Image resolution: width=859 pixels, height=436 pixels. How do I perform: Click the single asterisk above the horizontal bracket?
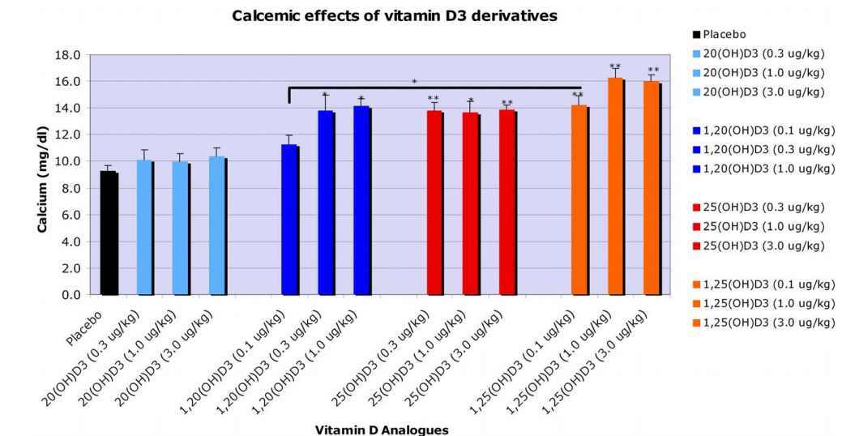[414, 83]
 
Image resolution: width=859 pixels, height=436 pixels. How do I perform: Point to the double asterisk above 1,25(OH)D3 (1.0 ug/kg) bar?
[615, 67]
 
